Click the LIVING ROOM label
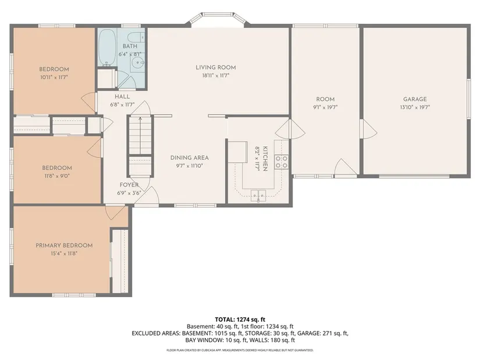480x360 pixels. pyautogui.click(x=216, y=67)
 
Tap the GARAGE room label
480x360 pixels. pyautogui.click(x=415, y=99)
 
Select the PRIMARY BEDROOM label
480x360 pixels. pyautogui.click(x=64, y=245)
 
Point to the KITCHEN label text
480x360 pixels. pyautogui.click(x=265, y=159)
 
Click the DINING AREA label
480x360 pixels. pyautogui.click(x=190, y=158)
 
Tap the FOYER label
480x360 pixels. pyautogui.click(x=129, y=185)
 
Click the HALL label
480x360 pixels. pyautogui.click(x=122, y=97)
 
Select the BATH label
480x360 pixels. pyautogui.click(x=130, y=46)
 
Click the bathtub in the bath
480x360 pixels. pyautogui.click(x=107, y=48)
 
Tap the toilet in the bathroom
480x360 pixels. pyautogui.click(x=136, y=37)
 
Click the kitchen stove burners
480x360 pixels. pyautogui.click(x=282, y=162)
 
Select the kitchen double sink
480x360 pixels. pyautogui.click(x=259, y=195)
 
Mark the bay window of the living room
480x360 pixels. pyautogui.click(x=218, y=19)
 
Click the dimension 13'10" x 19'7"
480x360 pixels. pyautogui.click(x=415, y=107)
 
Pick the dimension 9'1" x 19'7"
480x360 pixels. pyautogui.click(x=325, y=107)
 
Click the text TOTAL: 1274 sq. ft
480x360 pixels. pyautogui.click(x=240, y=320)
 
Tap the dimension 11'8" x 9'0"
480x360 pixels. pyautogui.click(x=57, y=176)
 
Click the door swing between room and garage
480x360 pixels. pyautogui.click(x=369, y=129)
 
